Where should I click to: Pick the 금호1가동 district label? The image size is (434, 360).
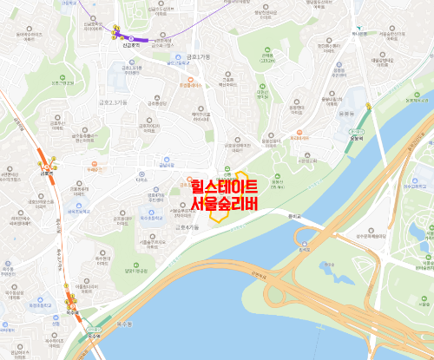click(x=193, y=57)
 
